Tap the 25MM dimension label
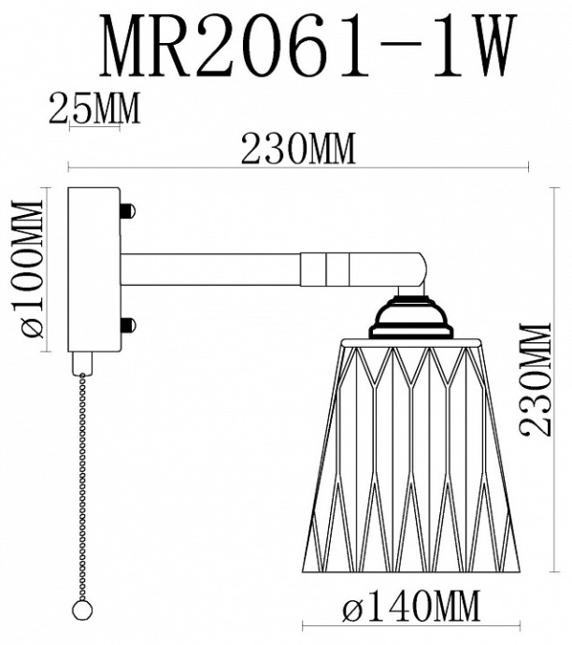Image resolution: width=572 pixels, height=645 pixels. pos(93,110)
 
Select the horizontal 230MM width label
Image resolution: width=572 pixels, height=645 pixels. pos(298,149)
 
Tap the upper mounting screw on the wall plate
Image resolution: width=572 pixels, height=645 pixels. pos(128,211)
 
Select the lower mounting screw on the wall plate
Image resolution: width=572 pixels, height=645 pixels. pos(128,325)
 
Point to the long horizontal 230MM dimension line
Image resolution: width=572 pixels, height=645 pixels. pos(298,169)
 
